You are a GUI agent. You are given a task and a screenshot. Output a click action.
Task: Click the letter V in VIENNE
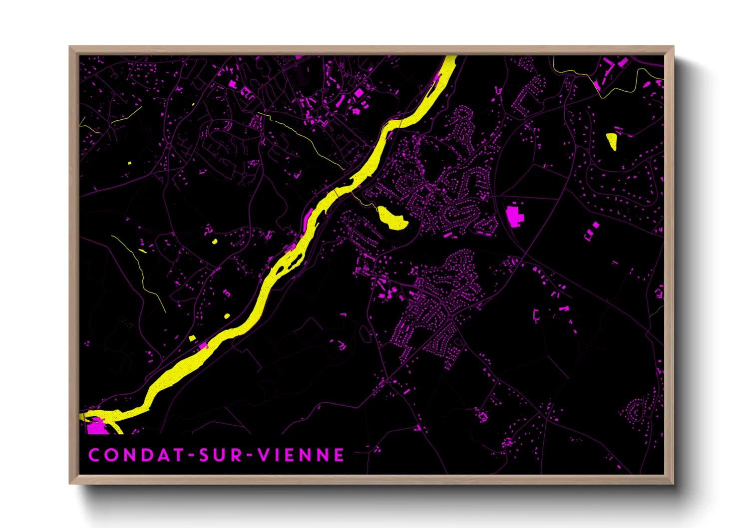tap(264, 455)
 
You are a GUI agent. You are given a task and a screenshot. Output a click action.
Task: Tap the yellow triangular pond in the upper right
tap(612, 140)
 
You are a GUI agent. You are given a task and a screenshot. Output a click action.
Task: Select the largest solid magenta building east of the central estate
tap(513, 216)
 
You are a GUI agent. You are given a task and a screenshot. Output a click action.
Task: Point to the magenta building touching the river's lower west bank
tap(203, 346)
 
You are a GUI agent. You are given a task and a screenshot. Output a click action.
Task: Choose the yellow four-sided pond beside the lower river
tap(192, 338)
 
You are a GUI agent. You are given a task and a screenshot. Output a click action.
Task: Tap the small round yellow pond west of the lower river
tap(227, 316)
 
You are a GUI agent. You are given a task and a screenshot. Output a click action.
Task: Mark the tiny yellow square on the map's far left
tap(129, 163)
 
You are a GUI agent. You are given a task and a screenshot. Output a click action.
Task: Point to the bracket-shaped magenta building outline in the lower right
tap(536, 314)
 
